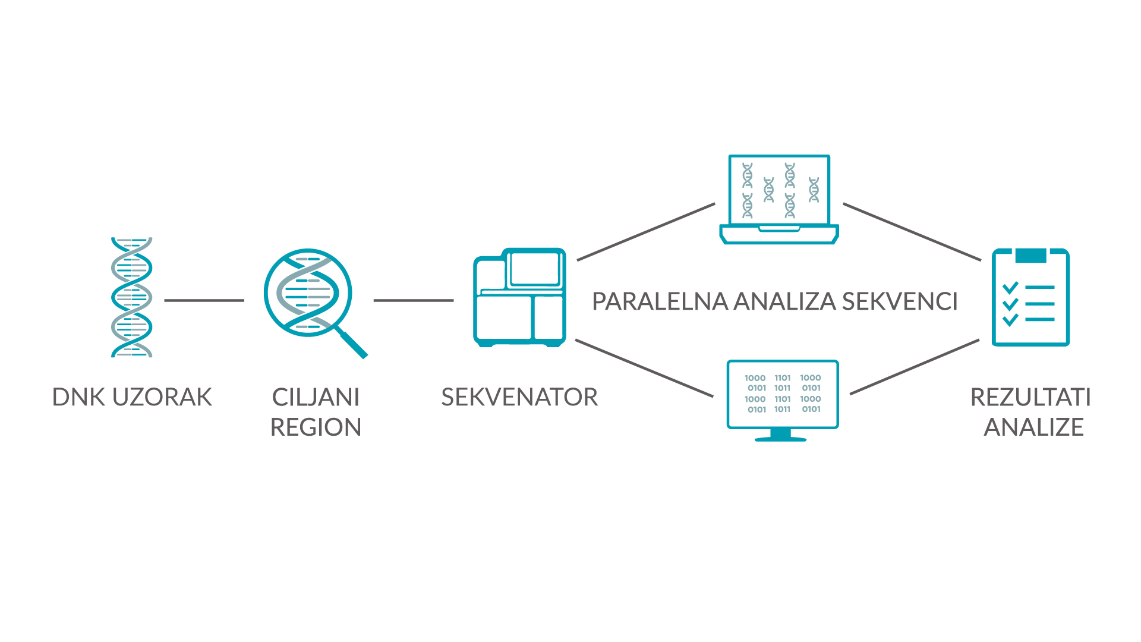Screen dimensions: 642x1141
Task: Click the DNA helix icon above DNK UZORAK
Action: coord(132,297)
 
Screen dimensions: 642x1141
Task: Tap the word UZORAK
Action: coord(162,397)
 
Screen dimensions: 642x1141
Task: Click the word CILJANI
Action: coord(316,397)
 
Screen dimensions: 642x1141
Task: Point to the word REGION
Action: coord(316,427)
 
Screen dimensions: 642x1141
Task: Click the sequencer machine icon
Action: coord(519,297)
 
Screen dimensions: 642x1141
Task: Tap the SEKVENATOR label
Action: coord(519,397)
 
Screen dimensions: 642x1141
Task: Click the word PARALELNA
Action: coord(660,301)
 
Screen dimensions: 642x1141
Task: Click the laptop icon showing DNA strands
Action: coord(779,199)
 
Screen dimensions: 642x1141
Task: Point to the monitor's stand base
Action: coord(780,439)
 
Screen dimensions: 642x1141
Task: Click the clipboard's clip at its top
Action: coord(1030,256)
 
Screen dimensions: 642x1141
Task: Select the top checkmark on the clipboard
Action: coord(1010,288)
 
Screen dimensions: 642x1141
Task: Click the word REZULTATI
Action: coord(1030,397)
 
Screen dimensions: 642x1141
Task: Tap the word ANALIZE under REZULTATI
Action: coord(1033,427)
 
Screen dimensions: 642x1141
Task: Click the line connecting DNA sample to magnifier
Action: coord(204,300)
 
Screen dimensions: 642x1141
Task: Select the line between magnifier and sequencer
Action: coord(414,300)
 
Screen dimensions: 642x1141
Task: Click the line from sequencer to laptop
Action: coord(646,232)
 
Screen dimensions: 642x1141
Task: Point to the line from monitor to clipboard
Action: coord(915,367)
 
